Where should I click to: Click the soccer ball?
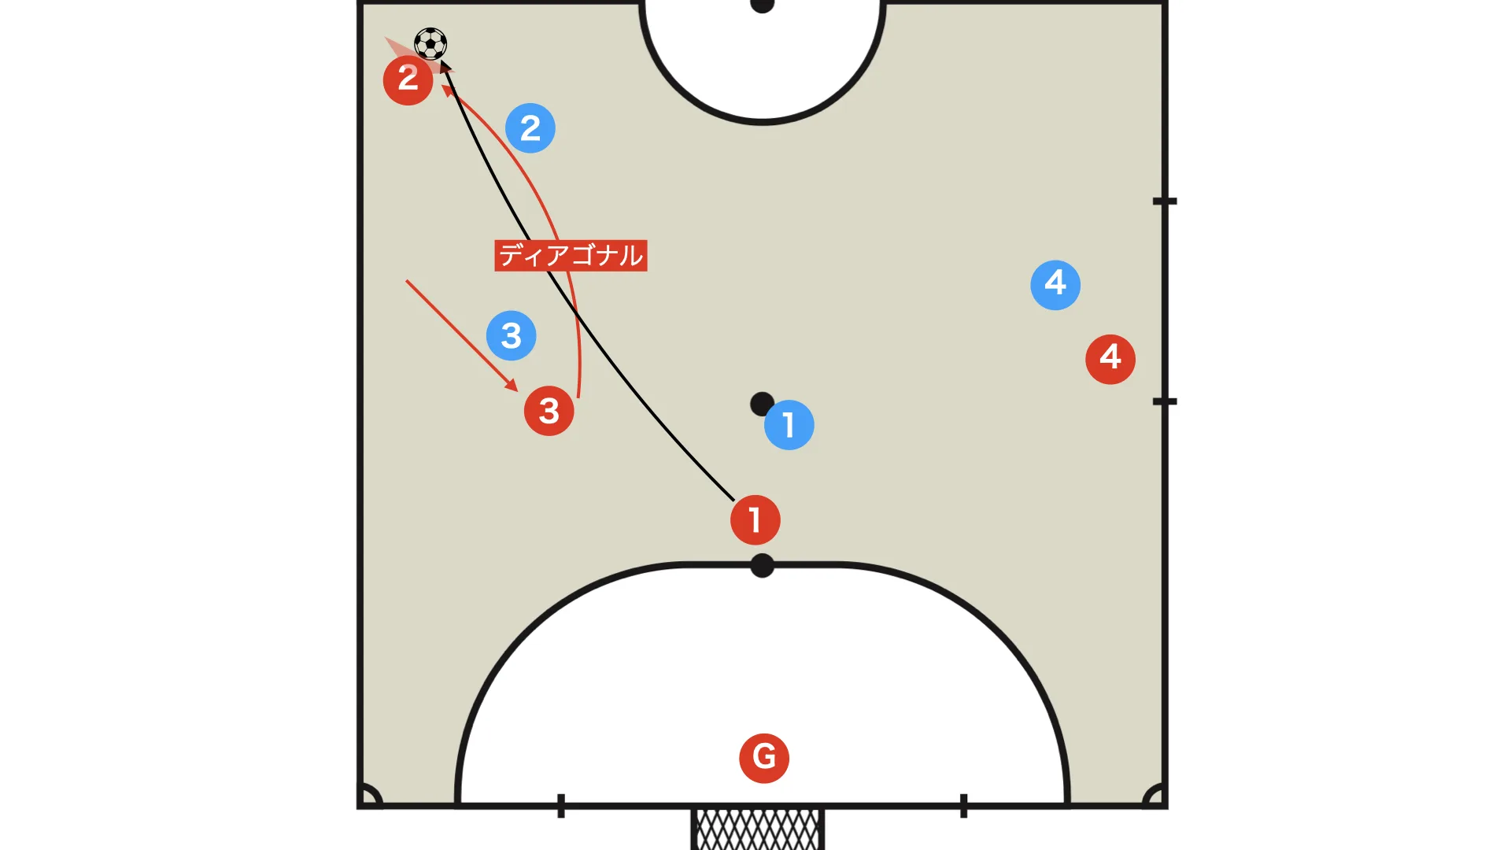pos(430,44)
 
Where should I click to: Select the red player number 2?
pos(408,79)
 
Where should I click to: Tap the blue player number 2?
pos(530,128)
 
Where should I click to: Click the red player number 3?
pos(549,411)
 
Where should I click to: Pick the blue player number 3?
pos(512,336)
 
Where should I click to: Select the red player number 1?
pos(755,520)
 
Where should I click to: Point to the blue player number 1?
pos(789,425)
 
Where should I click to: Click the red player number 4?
pos(1110,360)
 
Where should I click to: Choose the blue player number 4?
pos(1055,285)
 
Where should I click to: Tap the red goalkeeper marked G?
pos(764,758)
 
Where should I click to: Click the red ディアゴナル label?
pos(571,256)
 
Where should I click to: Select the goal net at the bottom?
pos(758,830)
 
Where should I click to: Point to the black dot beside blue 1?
pos(762,405)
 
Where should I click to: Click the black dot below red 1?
pos(762,565)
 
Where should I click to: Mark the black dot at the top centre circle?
pos(762,5)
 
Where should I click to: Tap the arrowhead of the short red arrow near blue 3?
pos(512,386)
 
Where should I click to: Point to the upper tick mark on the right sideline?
pos(1165,201)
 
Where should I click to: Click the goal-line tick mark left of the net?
pos(561,806)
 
